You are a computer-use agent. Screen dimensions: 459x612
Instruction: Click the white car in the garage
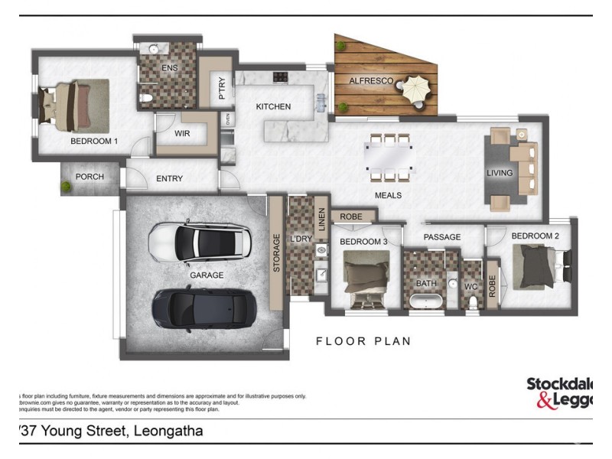click(x=201, y=243)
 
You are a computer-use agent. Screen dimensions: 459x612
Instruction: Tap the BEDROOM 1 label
click(x=94, y=141)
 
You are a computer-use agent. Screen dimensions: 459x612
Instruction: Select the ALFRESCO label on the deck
click(x=371, y=80)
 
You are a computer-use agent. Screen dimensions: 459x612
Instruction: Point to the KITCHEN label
click(x=273, y=106)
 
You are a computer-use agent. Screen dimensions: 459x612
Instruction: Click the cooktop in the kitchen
click(x=280, y=76)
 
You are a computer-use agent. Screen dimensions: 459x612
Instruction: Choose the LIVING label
click(x=500, y=173)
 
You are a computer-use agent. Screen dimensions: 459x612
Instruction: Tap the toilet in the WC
click(x=472, y=302)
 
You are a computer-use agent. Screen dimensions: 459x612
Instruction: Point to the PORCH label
click(x=90, y=177)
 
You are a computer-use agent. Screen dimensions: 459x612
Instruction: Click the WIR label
click(x=182, y=133)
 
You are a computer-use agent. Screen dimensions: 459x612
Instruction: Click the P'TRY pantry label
click(x=222, y=88)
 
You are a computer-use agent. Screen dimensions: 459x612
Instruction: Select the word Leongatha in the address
click(x=168, y=431)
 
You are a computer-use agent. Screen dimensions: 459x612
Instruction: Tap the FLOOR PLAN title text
click(x=363, y=341)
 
